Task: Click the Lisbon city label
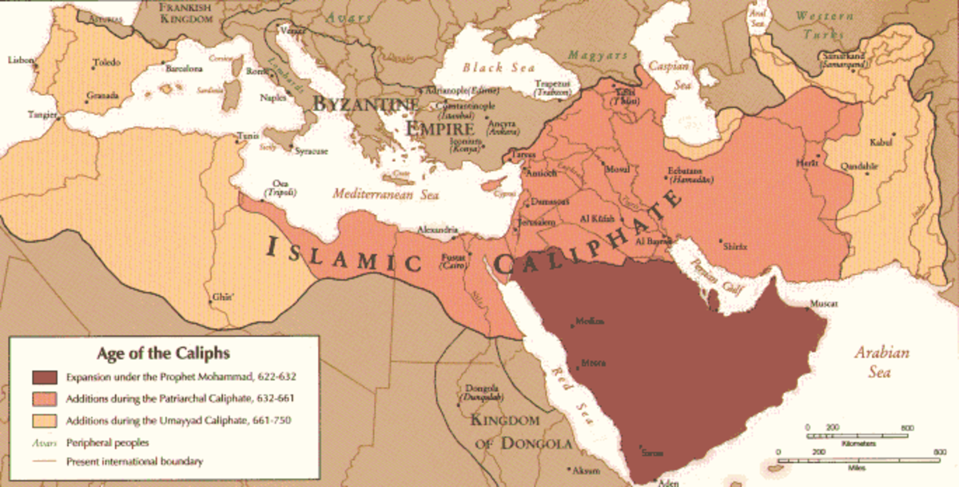[x=20, y=60]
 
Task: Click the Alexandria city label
[x=438, y=229]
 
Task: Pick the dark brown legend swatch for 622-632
[x=46, y=376]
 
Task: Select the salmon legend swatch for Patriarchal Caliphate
[x=46, y=398]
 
